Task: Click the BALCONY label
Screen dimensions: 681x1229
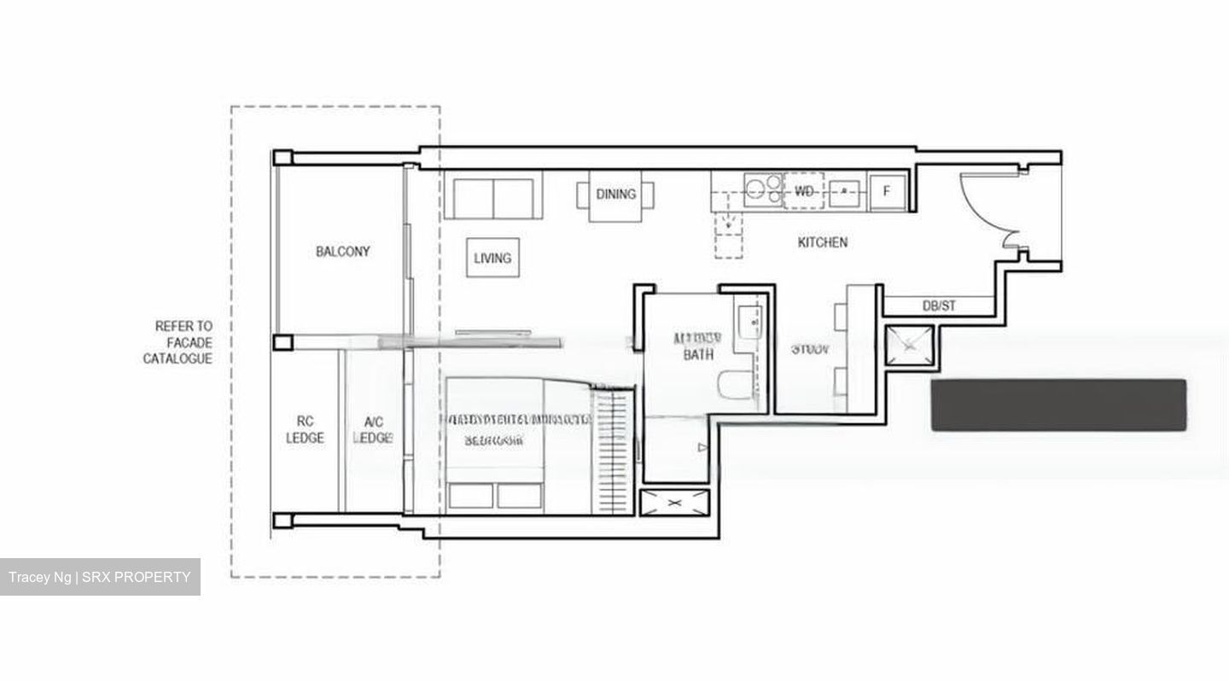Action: (343, 252)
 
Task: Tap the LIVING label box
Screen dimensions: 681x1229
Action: (492, 258)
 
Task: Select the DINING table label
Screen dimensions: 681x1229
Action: (615, 195)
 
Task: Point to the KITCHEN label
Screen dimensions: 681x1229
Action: (823, 242)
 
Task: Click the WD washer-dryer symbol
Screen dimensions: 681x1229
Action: (804, 191)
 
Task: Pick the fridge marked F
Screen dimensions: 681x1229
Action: (886, 192)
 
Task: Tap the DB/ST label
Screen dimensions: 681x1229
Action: (939, 306)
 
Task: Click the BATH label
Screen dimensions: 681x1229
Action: (698, 354)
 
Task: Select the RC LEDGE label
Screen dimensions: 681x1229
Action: (305, 429)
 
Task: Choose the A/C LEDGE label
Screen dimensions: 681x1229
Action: (373, 429)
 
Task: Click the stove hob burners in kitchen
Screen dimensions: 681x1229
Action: (764, 189)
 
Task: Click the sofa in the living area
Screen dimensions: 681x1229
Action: (492, 197)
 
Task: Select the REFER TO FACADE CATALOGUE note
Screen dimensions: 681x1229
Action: (178, 342)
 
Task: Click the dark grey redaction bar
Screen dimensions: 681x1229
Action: (1058, 405)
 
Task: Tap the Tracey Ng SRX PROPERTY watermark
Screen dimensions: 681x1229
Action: (100, 577)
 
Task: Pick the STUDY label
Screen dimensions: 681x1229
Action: (810, 349)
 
